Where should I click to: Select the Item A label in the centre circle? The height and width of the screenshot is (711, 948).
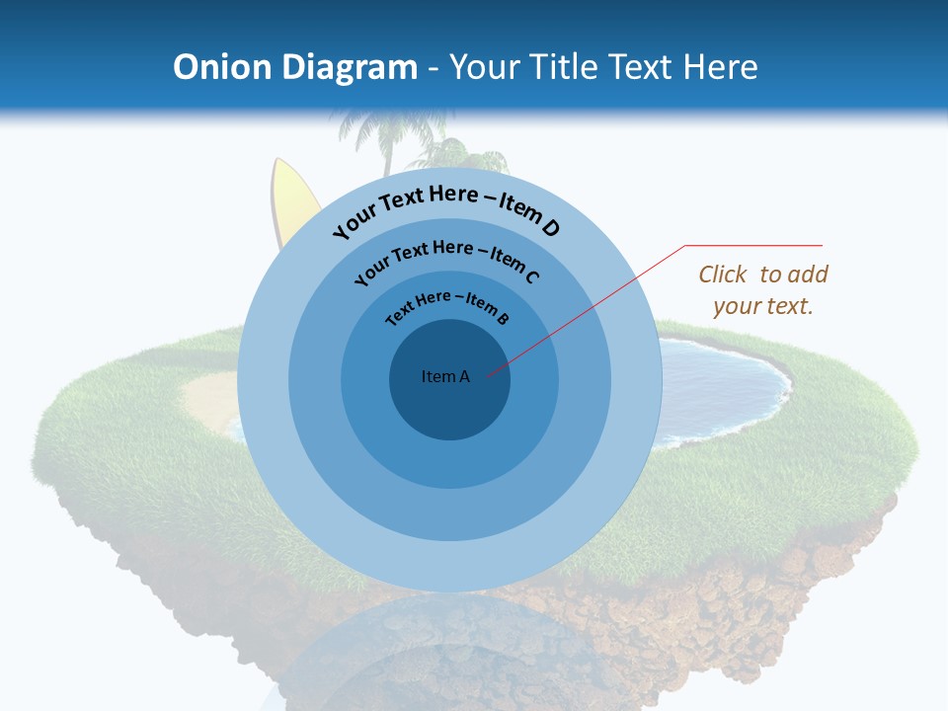445,376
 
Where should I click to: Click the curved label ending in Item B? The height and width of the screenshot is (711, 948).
447,306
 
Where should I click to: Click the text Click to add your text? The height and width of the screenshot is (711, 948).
763,290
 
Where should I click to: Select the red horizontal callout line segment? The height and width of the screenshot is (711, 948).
753,245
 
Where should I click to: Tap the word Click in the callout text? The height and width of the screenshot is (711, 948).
723,275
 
